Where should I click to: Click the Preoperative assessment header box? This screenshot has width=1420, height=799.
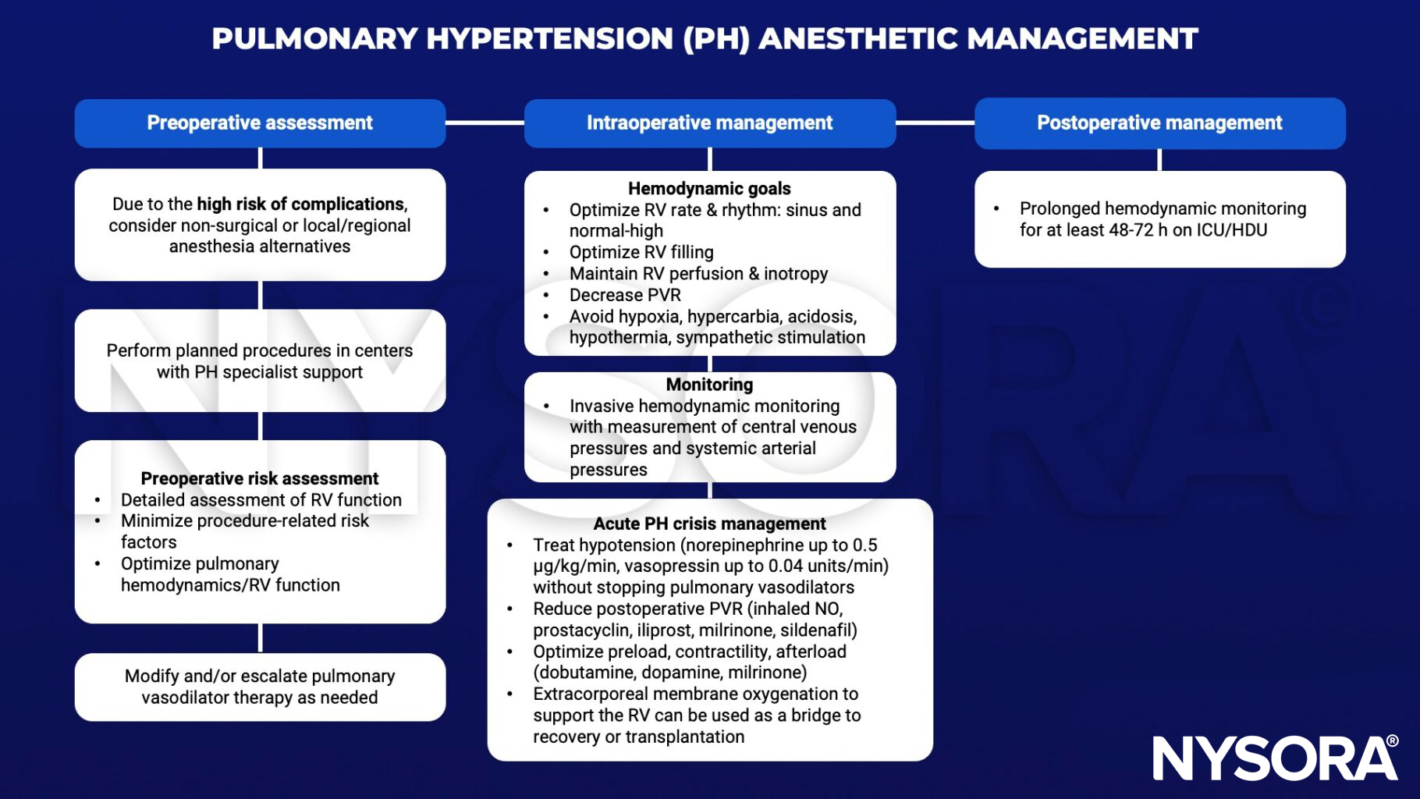[x=260, y=123]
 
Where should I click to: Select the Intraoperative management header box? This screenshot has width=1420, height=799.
[x=709, y=123]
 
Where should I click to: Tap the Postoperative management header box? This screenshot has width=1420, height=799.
[x=1159, y=123]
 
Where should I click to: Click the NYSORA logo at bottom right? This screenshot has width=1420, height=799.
[x=1275, y=758]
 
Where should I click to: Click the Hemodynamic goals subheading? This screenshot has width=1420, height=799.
[x=709, y=189]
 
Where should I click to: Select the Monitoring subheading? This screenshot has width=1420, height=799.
[x=709, y=385]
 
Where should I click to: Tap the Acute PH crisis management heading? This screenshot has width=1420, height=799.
[x=709, y=524]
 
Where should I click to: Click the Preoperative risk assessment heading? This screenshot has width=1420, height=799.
[x=260, y=478]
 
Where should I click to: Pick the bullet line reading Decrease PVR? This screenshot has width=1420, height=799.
[x=625, y=295]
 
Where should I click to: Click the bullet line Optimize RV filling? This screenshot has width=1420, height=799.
[x=641, y=252]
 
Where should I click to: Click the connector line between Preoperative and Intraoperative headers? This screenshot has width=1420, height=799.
[x=485, y=123]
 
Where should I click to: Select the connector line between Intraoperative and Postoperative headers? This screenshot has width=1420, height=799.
[x=935, y=123]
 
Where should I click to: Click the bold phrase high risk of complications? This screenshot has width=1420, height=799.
[x=300, y=204]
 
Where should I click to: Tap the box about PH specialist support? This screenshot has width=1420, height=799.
[x=260, y=361]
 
